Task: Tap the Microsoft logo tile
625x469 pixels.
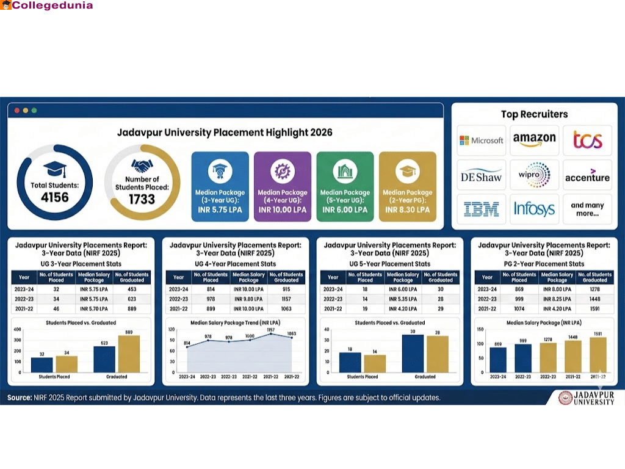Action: pyautogui.click(x=482, y=140)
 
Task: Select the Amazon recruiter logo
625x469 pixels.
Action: pyautogui.click(x=534, y=140)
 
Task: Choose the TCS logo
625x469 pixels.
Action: pyautogui.click(x=587, y=140)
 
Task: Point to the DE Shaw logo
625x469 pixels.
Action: pyautogui.click(x=482, y=176)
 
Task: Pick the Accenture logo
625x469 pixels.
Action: pyautogui.click(x=587, y=176)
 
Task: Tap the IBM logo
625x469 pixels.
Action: pyautogui.click(x=482, y=209)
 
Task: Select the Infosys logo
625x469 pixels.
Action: pyautogui.click(x=534, y=209)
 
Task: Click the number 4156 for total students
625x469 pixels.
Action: pyautogui.click(x=54, y=197)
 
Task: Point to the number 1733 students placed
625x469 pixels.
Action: pyautogui.click(x=142, y=199)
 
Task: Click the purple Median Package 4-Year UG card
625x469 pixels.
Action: pyautogui.click(x=283, y=186)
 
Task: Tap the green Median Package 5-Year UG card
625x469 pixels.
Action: pyautogui.click(x=345, y=186)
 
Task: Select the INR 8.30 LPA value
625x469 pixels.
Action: pyautogui.click(x=407, y=209)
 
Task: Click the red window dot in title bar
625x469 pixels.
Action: pyautogui.click(x=16, y=111)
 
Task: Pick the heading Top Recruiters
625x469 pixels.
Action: pyautogui.click(x=534, y=114)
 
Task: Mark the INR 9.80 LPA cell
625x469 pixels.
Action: pyautogui.click(x=248, y=299)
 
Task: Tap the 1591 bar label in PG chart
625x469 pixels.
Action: pyautogui.click(x=598, y=333)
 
